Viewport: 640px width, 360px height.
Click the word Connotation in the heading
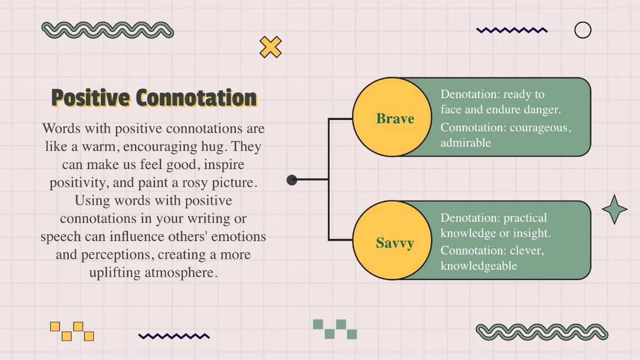click(196, 98)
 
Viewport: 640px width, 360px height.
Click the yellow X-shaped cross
click(270, 47)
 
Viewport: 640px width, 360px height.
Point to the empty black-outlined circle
click(582, 30)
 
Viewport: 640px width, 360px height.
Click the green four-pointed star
click(614, 209)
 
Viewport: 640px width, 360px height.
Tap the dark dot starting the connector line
click(292, 180)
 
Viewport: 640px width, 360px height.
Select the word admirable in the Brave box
click(466, 143)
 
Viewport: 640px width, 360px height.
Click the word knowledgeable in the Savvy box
click(478, 266)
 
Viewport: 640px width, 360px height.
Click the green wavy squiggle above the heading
click(107, 30)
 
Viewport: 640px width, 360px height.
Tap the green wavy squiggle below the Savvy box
click(541, 332)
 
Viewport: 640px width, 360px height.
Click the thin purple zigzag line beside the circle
click(511, 30)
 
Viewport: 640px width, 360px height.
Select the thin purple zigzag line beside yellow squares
click(174, 336)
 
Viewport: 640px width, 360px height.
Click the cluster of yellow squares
click(72, 331)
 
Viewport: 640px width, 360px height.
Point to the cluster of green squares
click(335, 329)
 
